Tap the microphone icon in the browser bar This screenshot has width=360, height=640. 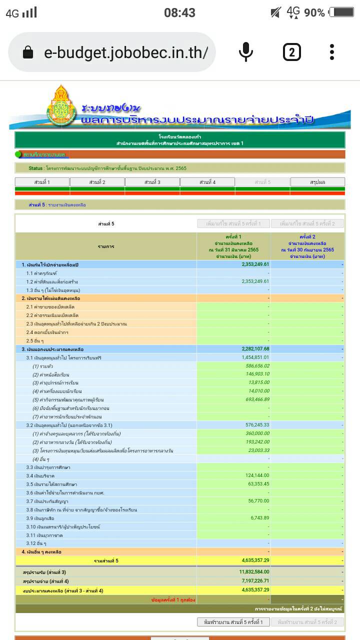[245, 52]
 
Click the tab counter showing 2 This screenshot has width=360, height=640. [292, 52]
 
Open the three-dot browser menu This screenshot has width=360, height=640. [332, 52]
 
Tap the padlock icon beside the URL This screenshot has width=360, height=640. [28, 52]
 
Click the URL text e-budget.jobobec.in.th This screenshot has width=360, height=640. [125, 52]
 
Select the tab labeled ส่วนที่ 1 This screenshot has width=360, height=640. [42, 182]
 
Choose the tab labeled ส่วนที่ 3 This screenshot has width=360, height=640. [152, 182]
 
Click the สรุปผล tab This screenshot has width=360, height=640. [317, 182]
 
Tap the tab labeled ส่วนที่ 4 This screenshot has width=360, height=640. [207, 182]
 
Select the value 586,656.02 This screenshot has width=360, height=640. [257, 366]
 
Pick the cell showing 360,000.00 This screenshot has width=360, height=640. [257, 433]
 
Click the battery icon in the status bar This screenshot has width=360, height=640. [341, 12]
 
